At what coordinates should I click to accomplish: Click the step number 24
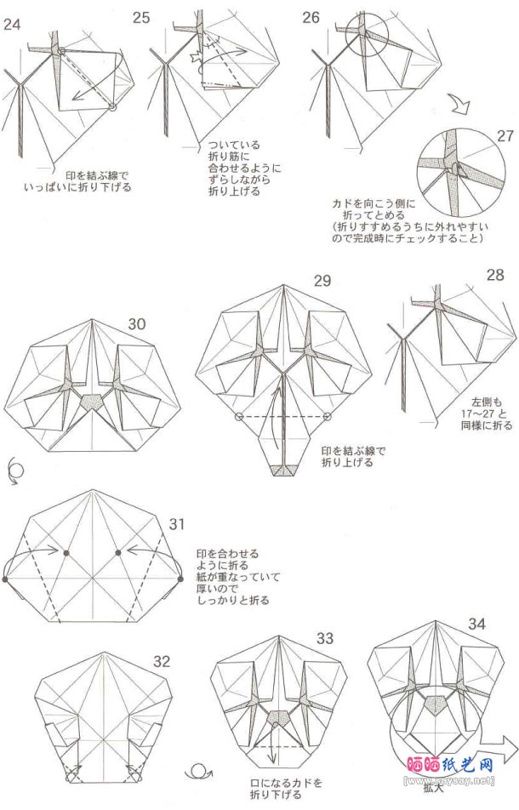point(12,24)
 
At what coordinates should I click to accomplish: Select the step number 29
point(322,282)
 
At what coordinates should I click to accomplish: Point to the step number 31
point(177,523)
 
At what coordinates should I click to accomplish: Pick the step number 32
point(162,661)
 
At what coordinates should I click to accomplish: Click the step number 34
point(476,625)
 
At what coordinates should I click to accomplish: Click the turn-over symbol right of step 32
point(199,773)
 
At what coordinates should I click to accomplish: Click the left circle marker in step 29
point(239,417)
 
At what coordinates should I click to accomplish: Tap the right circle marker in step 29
point(328,417)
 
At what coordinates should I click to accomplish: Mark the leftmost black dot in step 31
point(5,579)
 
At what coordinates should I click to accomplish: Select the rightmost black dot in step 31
point(181,579)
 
